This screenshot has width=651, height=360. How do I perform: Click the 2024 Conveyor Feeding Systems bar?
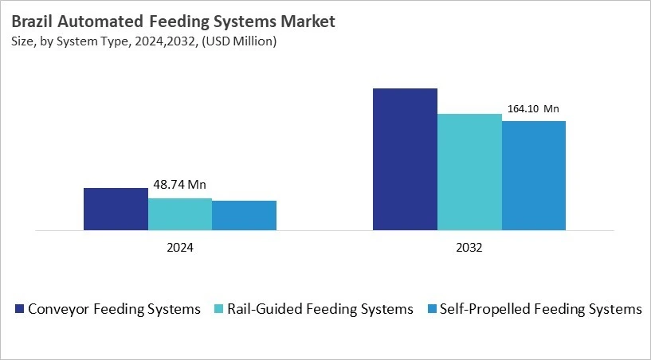coord(116,209)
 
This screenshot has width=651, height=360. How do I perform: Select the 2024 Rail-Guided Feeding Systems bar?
coord(180,214)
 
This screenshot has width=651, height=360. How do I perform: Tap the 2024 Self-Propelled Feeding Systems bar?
coord(244,216)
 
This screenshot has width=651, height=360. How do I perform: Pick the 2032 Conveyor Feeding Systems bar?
coord(405,159)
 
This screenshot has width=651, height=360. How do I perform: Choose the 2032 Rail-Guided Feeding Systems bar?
coord(469,172)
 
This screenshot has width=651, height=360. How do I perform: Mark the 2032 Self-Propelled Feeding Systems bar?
coord(533,176)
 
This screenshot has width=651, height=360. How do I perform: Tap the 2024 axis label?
coord(180,248)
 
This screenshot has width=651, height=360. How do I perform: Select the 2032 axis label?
coord(469,248)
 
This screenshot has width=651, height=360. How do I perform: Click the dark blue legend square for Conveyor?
coord(18,309)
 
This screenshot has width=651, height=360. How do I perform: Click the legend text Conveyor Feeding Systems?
coord(114,309)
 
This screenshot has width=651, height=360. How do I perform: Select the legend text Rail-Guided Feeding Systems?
coord(320,309)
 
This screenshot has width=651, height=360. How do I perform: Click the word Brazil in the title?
coord(34,21)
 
